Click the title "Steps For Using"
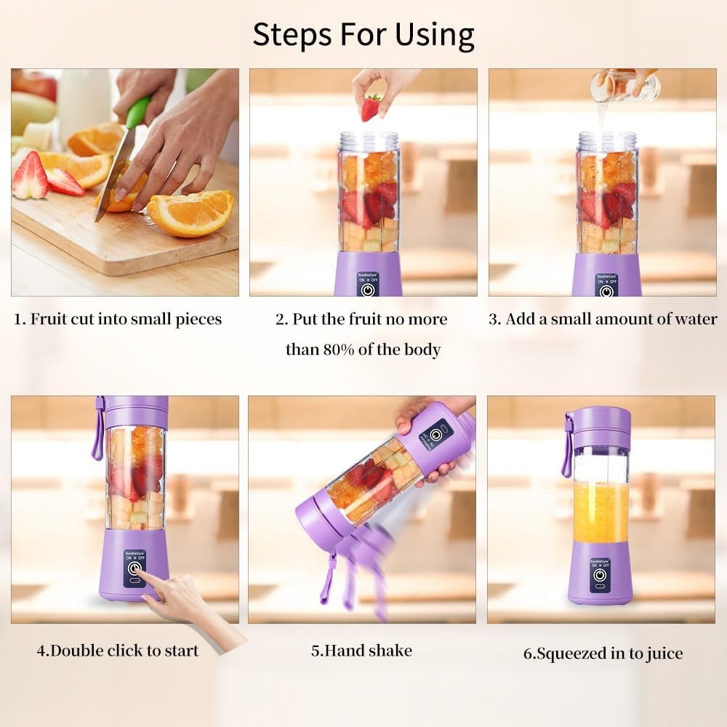pos(363,34)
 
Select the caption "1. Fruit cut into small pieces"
pos(119,319)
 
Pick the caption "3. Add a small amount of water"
pos(603,319)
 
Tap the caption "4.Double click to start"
pos(118,650)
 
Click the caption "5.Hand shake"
pos(361,650)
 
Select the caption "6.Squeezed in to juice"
pos(603,653)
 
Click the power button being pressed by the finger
pos(134,569)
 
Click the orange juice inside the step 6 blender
pos(601,513)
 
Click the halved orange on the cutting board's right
pos(190,213)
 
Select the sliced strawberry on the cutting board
pos(31,177)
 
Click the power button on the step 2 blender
pos(369,289)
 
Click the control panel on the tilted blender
pos(434,436)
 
